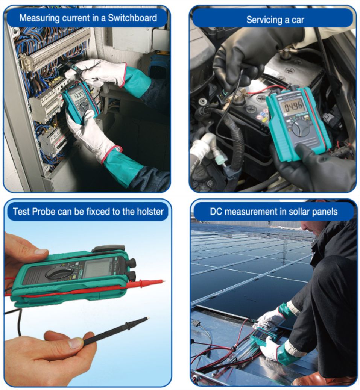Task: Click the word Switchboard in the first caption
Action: point(132,18)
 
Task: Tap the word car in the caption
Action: point(298,20)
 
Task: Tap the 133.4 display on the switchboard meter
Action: point(79,95)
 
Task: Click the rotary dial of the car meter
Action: point(301,128)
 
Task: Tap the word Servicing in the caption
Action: point(264,20)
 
